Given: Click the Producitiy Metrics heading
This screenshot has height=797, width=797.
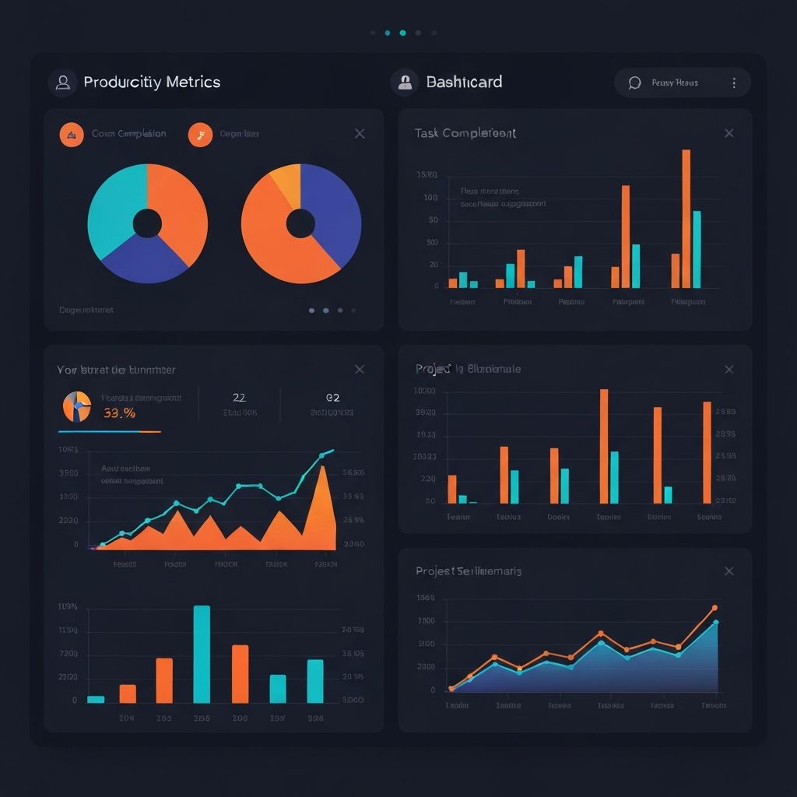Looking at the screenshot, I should coord(152,82).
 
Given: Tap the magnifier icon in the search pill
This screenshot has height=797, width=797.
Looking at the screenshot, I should coord(634,83).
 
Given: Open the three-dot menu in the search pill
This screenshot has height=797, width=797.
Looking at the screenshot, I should coord(734,83).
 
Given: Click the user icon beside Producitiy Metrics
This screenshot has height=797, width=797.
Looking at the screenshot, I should coord(62,82).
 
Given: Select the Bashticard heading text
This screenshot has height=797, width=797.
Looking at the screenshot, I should coord(464,82).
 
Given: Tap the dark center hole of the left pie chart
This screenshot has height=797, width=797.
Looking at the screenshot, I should coord(147,224).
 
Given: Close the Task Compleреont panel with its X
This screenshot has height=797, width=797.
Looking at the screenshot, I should coord(729,133).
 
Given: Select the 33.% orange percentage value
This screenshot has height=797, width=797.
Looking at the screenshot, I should coord(119,413).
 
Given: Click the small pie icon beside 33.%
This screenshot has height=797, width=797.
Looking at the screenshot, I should coord(76,406).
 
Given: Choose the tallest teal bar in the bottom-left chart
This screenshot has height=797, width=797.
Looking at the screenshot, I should coord(202,654).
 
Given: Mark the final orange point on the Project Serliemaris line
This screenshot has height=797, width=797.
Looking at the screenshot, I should coord(714,608).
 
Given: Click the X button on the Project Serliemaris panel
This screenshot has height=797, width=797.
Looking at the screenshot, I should coord(729,571).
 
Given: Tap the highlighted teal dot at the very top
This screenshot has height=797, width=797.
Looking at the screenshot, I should coord(402,33).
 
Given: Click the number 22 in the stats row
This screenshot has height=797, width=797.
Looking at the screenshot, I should coord(240,398).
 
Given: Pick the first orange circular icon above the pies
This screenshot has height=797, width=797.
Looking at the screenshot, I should coord(72,135).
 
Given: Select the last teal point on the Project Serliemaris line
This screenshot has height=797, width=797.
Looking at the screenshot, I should coord(715,623).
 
